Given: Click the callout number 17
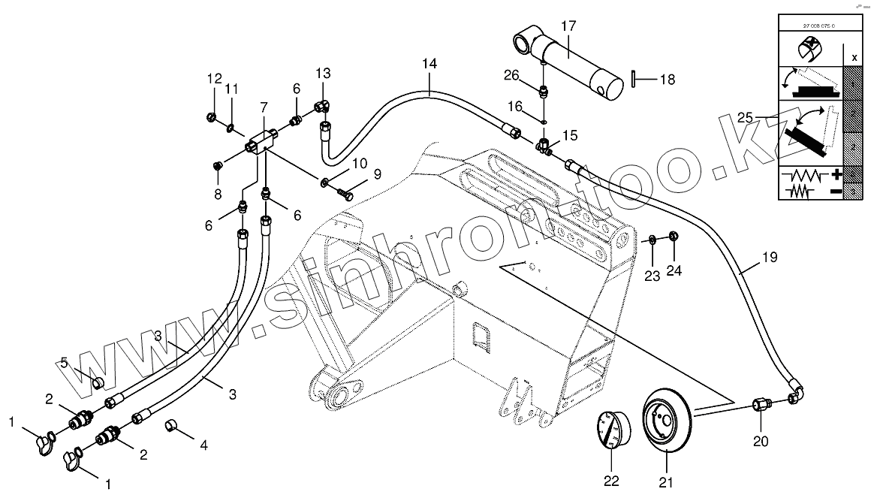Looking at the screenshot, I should click(568, 26).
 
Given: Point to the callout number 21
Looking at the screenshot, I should click(667, 483).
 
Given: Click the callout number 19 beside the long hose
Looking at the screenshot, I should click(769, 258).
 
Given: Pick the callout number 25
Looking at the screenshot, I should click(744, 119).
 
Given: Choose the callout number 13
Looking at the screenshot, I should click(322, 74).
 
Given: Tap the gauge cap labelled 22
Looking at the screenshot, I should click(613, 430).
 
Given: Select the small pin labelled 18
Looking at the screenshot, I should click(634, 78).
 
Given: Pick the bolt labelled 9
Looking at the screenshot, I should click(346, 193).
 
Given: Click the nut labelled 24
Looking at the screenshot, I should click(674, 238).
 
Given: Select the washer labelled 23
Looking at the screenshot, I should click(653, 240).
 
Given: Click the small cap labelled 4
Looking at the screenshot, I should click(171, 427).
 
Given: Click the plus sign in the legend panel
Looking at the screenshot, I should click(836, 175).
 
